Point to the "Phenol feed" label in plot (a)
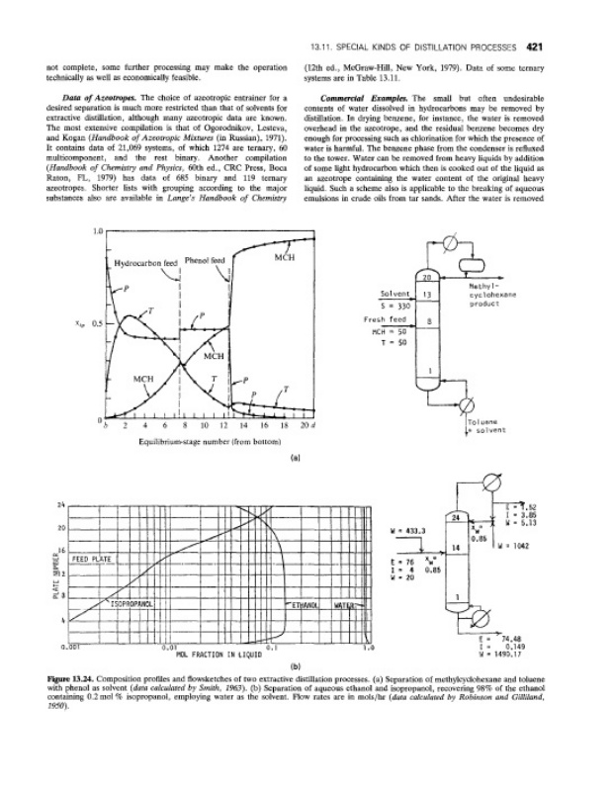point(206,262)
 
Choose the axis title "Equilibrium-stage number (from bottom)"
point(204,441)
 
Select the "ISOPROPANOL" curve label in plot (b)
point(137,601)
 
